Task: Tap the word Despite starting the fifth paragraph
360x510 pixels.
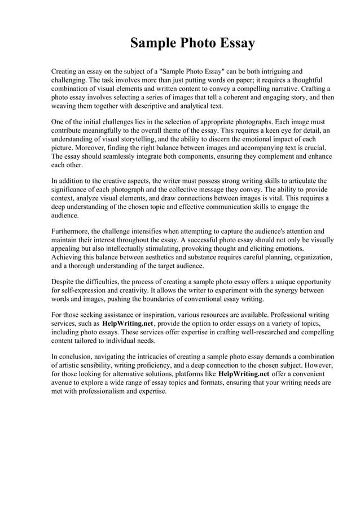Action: pyautogui.click(x=64, y=281)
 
